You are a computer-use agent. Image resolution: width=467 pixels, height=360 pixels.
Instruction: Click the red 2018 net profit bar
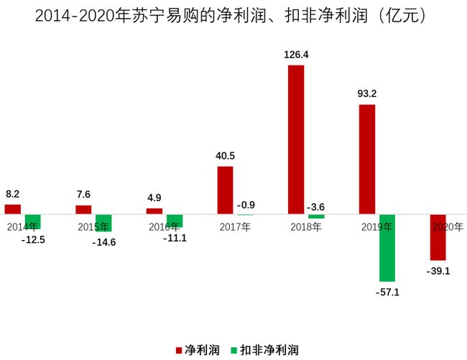click(296, 139)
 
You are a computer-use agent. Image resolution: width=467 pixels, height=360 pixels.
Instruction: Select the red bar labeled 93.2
click(366, 160)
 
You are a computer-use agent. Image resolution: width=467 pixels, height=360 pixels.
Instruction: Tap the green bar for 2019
click(387, 248)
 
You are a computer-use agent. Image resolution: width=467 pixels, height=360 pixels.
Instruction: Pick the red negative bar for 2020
click(438, 237)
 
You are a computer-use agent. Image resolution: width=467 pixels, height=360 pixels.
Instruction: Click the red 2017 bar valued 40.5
click(225, 190)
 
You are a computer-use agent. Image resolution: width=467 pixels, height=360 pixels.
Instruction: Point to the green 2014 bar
click(32, 222)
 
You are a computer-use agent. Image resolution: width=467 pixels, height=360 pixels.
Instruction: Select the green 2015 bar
click(103, 223)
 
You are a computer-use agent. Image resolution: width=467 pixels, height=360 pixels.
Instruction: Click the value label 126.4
click(295, 54)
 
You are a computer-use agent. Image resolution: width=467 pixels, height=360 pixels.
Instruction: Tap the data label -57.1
click(388, 292)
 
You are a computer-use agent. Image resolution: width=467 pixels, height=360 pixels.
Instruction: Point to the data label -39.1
click(438, 271)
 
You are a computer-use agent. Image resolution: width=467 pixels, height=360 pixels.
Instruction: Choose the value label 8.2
click(13, 194)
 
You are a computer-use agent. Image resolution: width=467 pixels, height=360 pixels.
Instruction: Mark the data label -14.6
click(104, 242)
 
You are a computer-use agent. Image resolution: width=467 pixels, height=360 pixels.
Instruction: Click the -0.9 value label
click(246, 205)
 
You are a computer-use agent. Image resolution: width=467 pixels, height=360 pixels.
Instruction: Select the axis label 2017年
click(235, 227)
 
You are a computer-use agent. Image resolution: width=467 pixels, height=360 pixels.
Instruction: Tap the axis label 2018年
click(306, 227)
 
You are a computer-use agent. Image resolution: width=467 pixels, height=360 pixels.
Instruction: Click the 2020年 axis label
click(448, 227)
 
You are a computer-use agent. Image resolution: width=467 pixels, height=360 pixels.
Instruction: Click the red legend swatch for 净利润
click(179, 350)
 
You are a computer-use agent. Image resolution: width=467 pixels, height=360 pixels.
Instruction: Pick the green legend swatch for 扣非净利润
click(233, 350)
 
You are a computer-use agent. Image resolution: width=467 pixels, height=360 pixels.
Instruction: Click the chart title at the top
click(233, 16)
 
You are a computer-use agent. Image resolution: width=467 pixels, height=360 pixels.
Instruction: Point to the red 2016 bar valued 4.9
click(154, 211)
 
